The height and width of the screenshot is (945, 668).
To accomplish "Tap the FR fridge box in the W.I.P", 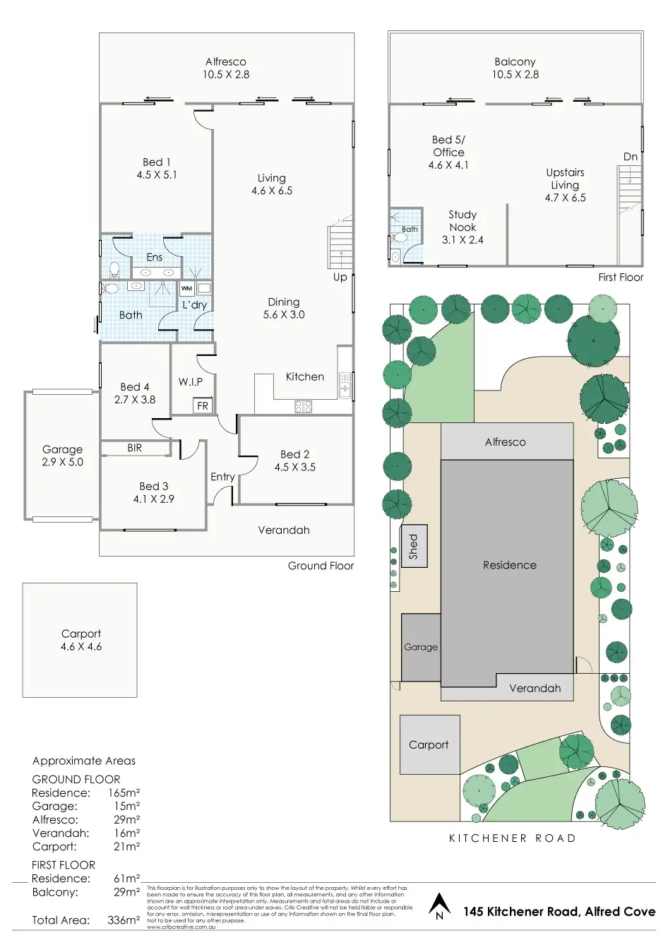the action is pyautogui.click(x=203, y=405).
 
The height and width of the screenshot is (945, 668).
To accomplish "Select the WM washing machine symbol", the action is pyautogui.click(x=186, y=288).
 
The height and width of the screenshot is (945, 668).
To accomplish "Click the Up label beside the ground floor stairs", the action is pyautogui.click(x=340, y=278).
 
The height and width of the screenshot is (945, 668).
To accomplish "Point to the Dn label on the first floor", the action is pyautogui.click(x=631, y=157).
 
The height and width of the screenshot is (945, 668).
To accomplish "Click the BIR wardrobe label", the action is pyautogui.click(x=134, y=448).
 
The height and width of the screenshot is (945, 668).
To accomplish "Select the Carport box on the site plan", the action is pyautogui.click(x=429, y=744).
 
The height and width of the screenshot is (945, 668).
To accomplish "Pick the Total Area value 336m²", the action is pyautogui.click(x=124, y=920).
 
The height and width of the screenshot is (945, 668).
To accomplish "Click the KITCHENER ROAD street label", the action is pyautogui.click(x=513, y=838).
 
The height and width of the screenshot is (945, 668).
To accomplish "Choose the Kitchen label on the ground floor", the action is pyautogui.click(x=305, y=376).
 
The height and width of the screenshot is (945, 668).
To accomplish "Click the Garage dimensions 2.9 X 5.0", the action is pyautogui.click(x=62, y=462).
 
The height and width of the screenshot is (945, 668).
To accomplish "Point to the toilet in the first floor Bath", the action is pyautogui.click(x=395, y=255).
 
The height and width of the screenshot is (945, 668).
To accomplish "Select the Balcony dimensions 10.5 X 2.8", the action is pyautogui.click(x=515, y=74).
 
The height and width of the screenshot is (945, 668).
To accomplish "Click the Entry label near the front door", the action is pyautogui.click(x=222, y=477).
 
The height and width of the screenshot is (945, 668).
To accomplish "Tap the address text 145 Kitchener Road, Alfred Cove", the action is pyautogui.click(x=559, y=912).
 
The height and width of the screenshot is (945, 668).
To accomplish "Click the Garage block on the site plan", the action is pyautogui.click(x=421, y=647).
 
